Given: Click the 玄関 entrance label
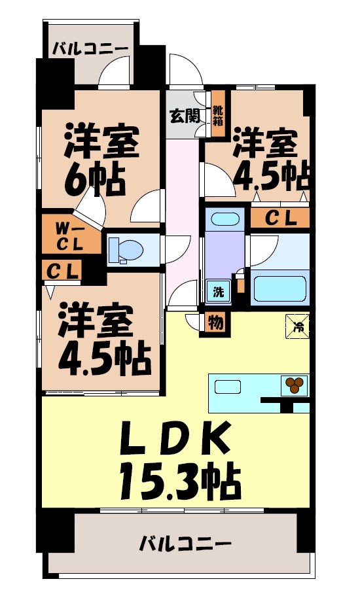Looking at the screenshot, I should click(185, 116).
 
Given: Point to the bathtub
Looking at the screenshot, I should click(280, 287).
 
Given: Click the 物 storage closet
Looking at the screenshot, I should click(215, 322).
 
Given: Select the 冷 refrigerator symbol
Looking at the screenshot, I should click(298, 324).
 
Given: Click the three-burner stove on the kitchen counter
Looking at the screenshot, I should click(295, 385).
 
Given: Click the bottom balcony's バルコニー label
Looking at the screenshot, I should click(186, 543).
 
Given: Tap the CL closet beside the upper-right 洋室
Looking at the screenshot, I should click(279, 218).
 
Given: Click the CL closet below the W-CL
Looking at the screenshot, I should click(63, 270).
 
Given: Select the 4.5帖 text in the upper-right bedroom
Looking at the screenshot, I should click(268, 173).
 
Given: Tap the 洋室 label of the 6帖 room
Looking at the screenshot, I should click(101, 141).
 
